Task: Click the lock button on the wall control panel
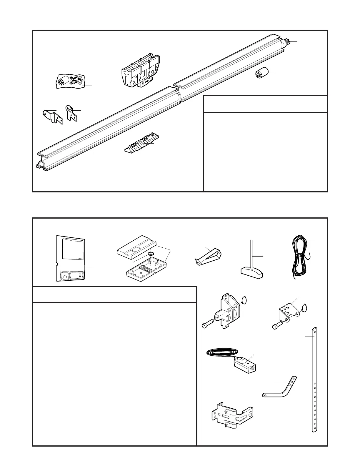pos(65,276)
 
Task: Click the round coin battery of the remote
pos(151,253)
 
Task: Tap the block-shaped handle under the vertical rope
pos(251,272)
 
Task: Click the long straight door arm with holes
pos(314,380)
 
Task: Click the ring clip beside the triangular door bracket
pos(305,307)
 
